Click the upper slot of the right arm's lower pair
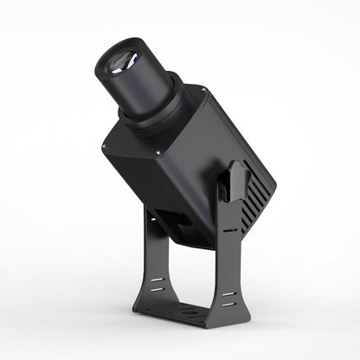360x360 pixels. [228, 294]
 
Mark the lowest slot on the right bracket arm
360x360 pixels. [228, 305]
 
